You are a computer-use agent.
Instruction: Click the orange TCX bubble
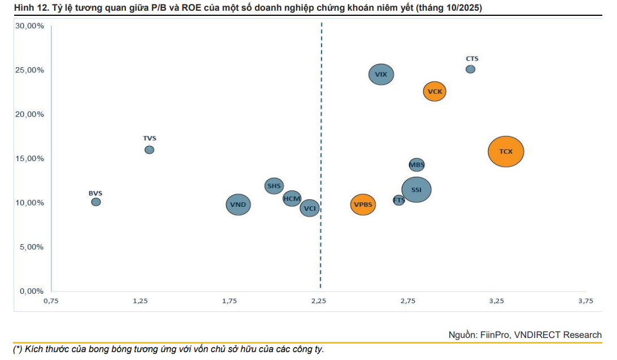506,151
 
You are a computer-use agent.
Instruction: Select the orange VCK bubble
434,91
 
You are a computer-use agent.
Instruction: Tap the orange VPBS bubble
363,204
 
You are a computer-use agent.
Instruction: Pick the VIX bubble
381,74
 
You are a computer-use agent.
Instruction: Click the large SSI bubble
416,190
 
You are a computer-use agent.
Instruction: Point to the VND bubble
238,204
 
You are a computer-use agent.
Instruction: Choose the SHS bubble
274,185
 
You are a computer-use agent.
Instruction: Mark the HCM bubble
292,198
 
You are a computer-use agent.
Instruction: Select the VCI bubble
310,209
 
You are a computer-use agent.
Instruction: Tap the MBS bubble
416,165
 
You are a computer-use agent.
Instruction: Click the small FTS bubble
399,200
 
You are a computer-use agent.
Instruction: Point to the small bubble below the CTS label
470,69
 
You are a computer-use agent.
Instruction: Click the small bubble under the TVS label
149,150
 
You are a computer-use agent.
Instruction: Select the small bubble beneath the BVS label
96,202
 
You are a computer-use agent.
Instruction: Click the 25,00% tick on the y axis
29,70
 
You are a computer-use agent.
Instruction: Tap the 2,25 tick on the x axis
319,301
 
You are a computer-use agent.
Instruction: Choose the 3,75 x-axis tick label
586,301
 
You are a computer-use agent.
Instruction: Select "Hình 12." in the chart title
22,7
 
